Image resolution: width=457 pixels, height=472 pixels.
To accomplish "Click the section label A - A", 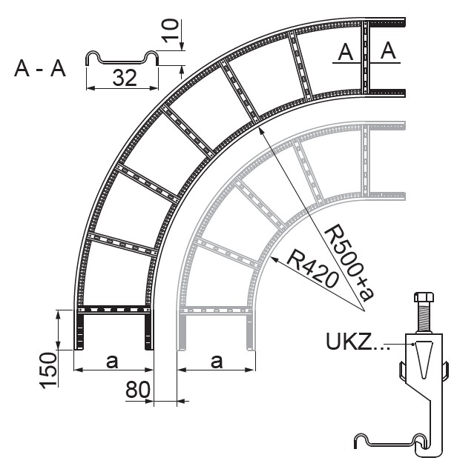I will pos(40,70).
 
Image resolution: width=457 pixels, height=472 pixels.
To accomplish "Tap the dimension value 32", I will pos(125,79).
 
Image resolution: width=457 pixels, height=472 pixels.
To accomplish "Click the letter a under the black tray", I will pos(112,362).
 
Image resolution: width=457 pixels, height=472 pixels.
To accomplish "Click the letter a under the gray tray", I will pos(216,362).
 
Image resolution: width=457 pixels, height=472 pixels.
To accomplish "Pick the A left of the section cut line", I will pos(344,51).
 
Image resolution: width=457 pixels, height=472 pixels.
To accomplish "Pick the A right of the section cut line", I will pos(388,51).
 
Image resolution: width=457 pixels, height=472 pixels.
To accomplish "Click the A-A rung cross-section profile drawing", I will pos(123,59).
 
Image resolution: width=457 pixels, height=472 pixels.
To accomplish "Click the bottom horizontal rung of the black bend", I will pos(114,308).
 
